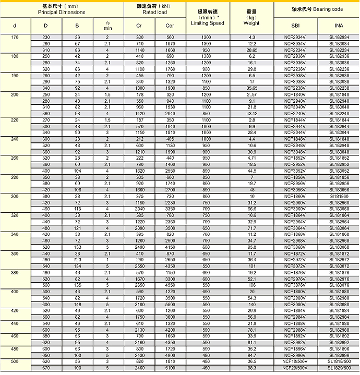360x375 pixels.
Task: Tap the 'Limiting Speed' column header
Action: (207, 23)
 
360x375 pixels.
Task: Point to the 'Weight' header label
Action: (251, 23)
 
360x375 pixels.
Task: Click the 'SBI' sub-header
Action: (295, 26)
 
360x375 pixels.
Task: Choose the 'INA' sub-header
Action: (339, 26)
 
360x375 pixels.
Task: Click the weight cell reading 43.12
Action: (252, 113)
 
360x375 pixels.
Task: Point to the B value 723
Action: (77, 259)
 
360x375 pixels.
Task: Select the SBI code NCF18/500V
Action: (295, 360)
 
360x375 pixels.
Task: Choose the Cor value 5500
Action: (170, 304)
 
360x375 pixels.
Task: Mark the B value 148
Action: (77, 304)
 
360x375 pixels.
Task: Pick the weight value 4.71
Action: (252, 158)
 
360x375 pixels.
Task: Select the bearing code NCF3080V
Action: (295, 304)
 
